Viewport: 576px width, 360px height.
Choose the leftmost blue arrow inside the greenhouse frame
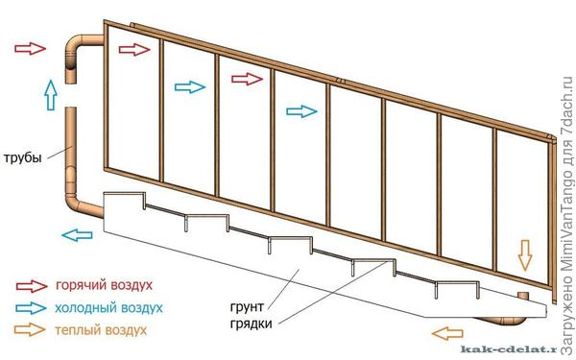(x=189, y=86)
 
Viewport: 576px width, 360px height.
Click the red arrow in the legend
(x=31, y=285)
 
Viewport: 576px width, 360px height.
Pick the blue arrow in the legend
(x=31, y=307)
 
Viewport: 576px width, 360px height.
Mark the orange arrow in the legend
(x=31, y=329)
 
